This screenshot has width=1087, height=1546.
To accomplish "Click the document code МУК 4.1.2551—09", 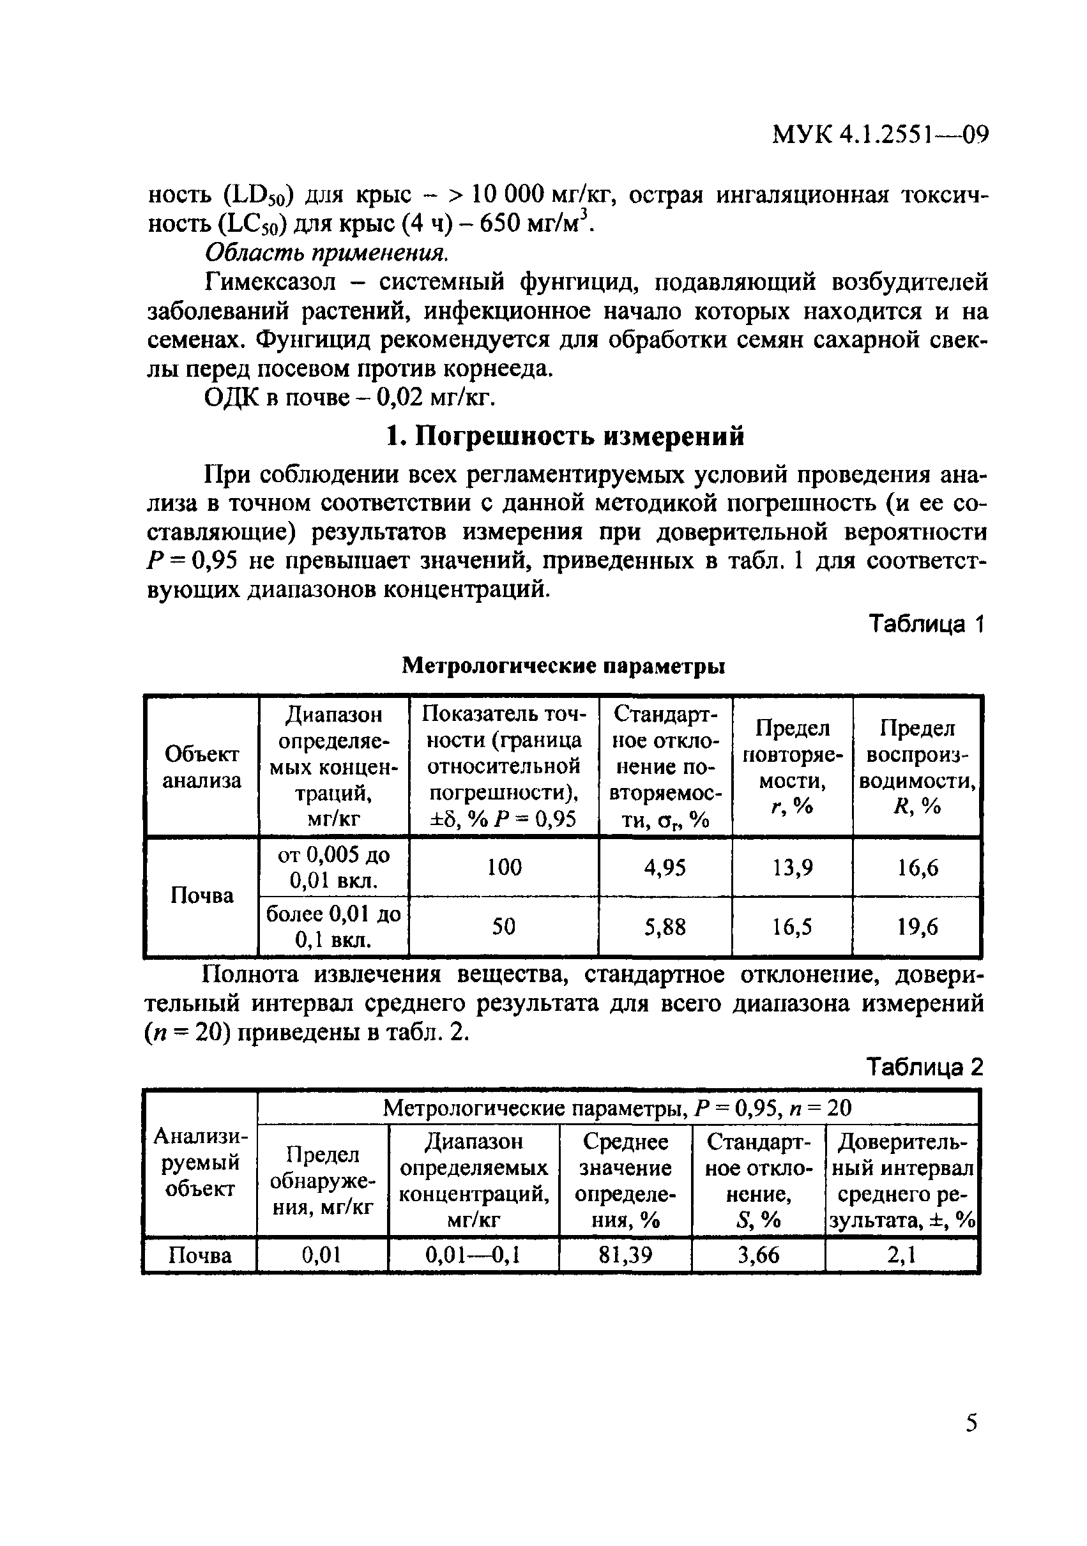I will pyautogui.click(x=879, y=135).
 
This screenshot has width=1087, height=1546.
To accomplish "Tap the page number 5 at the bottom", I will pyautogui.click(x=971, y=1423).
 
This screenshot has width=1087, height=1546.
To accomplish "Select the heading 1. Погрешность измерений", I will pyautogui.click(x=565, y=436).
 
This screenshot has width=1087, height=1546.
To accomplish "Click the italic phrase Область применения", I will pyautogui.click(x=326, y=252).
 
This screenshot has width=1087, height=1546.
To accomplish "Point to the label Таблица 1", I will pyautogui.click(x=926, y=624).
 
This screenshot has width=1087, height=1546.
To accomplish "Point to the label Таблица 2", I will pyautogui.click(x=924, y=1067).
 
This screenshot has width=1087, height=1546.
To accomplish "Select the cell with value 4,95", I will pyautogui.click(x=665, y=867).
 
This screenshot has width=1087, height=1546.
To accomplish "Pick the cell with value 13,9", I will pyautogui.click(x=792, y=867).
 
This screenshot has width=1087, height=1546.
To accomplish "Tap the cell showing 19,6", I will pyautogui.click(x=917, y=927).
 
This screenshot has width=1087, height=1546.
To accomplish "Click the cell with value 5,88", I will pyautogui.click(x=665, y=927).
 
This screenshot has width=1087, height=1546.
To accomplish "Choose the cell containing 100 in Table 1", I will pyautogui.click(x=504, y=867).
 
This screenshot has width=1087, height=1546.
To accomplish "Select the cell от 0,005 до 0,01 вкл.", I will pyautogui.click(x=333, y=867).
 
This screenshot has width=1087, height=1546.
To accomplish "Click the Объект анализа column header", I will pyautogui.click(x=201, y=768).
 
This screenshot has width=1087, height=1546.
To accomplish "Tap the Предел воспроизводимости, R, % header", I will pyautogui.click(x=917, y=768).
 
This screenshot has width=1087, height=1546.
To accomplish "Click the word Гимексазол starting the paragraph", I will pyautogui.click(x=270, y=282).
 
